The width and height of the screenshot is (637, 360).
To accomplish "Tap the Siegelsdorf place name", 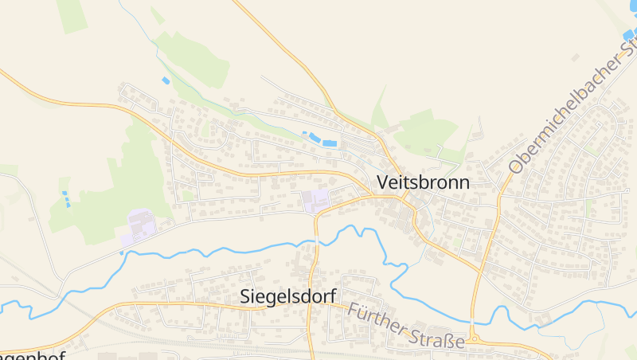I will tap(287, 297).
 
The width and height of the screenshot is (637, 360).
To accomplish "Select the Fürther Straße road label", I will tap(405, 327).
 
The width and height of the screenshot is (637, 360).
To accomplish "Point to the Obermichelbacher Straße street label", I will tap(572, 111).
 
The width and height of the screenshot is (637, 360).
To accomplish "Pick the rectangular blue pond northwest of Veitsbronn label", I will tap(328, 142).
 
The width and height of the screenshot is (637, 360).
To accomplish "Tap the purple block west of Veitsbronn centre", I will tap(315, 201).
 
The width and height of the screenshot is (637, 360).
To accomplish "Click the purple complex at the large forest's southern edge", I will tap(140, 225).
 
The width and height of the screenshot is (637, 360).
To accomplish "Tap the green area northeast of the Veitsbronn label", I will tap(426, 131).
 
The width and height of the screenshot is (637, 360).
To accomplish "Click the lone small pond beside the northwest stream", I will tap(166, 80).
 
